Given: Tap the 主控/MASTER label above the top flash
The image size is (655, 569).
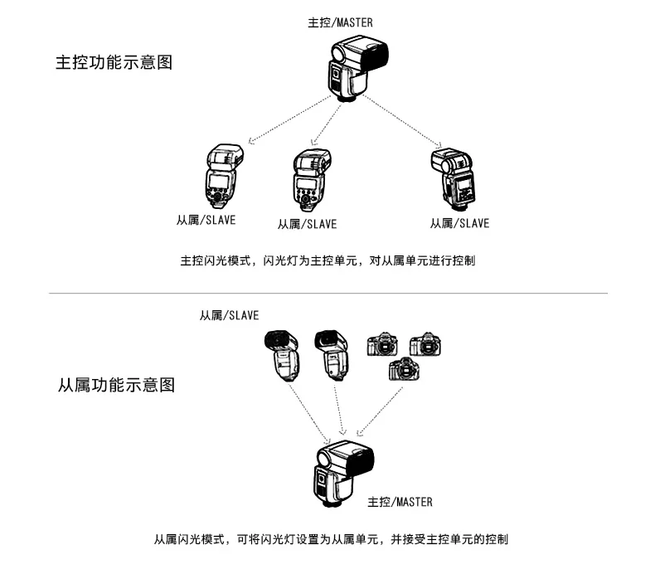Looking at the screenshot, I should click(340, 22).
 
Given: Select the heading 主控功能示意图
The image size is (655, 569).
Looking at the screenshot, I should click(114, 62).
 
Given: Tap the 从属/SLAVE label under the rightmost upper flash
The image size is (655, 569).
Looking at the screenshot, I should click(459, 223).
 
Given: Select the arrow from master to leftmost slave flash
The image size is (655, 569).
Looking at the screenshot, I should click(289, 119).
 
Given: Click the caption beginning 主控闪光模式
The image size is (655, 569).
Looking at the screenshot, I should click(327, 260).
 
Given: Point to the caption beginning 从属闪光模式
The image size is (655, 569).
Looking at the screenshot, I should click(331, 539).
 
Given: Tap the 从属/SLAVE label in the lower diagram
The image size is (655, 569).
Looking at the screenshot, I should click(229, 315).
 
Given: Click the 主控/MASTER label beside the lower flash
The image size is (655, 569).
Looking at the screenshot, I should click(400, 502).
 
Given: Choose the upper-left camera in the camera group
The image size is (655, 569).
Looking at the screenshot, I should click(382, 344).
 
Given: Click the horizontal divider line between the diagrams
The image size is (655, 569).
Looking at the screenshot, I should click(327, 293).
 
